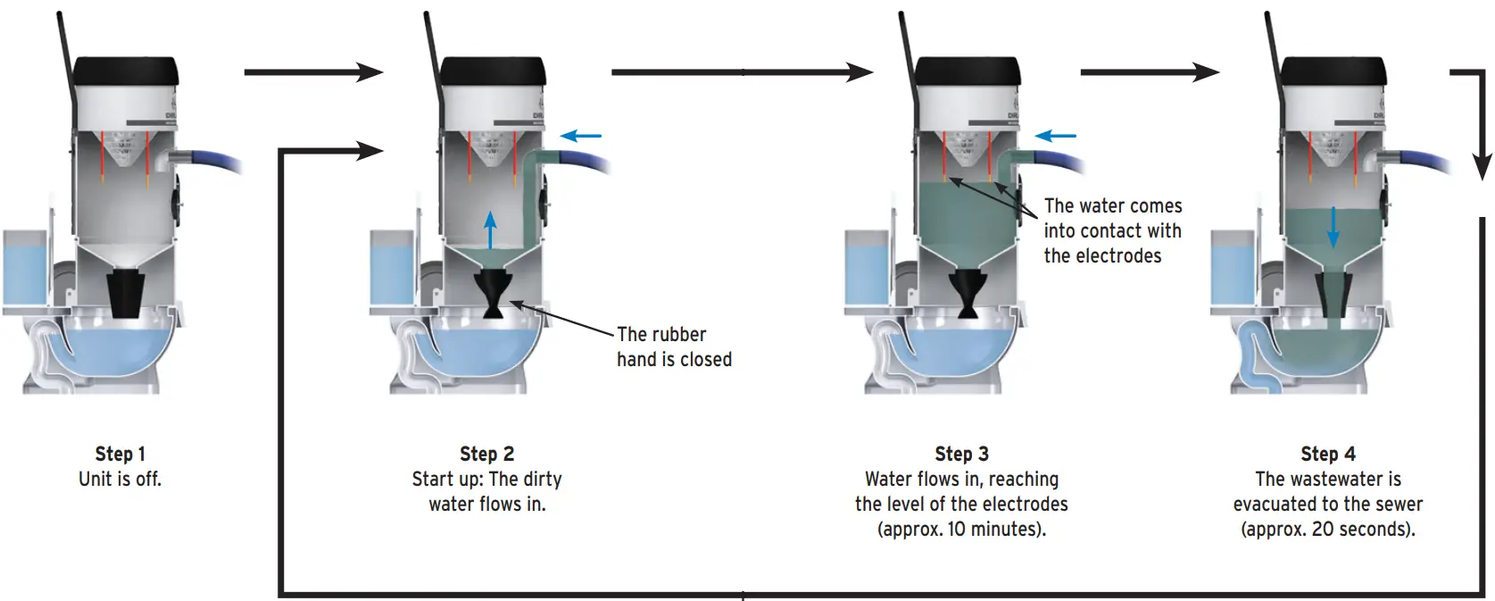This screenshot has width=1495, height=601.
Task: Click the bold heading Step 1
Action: click(x=120, y=454)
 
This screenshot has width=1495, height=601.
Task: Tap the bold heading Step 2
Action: click(x=486, y=454)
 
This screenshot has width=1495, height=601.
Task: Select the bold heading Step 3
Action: click(x=961, y=454)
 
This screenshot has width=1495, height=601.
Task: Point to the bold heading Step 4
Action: click(x=1327, y=454)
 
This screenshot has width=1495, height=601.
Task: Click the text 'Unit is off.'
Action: click(x=120, y=479)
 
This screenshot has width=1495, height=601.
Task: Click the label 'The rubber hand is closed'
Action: click(x=674, y=346)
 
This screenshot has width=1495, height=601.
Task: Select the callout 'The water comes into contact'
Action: click(x=1112, y=230)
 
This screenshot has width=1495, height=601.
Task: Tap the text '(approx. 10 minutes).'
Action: click(x=961, y=529)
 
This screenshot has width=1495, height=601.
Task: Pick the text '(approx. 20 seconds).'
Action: click(x=1327, y=529)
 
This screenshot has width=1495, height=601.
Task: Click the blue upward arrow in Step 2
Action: click(x=489, y=230)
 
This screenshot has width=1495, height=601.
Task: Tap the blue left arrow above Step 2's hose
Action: click(x=581, y=137)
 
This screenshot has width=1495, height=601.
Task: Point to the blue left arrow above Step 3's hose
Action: click(x=1055, y=137)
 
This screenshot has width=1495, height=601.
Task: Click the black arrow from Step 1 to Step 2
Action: click(x=312, y=72)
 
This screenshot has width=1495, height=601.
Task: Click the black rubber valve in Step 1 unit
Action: click(x=127, y=295)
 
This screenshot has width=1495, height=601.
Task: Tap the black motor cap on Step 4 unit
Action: click(x=1333, y=71)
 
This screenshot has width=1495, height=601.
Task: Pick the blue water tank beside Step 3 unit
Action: click(x=870, y=268)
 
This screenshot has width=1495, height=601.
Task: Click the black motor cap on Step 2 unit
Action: click(x=493, y=71)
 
